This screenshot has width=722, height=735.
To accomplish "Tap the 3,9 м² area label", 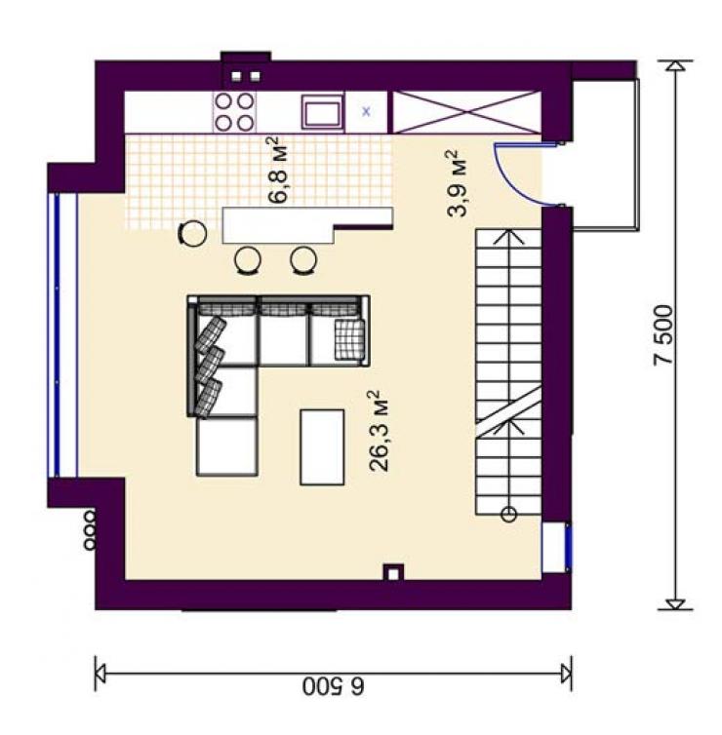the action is click(458, 183).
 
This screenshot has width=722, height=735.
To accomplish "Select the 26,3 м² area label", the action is click(380, 430).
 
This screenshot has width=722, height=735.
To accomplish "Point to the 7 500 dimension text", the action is click(663, 335).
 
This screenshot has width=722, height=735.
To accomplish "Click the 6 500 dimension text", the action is click(333, 686).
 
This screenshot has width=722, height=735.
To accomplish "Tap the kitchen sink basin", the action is click(322, 112).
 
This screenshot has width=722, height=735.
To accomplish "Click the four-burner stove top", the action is click(234, 112).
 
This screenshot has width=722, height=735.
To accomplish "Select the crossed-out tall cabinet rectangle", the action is click(466, 112).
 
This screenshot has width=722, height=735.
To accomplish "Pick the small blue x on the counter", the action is click(367, 111).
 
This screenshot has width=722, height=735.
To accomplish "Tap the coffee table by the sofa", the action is click(322, 447).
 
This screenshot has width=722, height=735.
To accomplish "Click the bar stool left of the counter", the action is click(192, 233).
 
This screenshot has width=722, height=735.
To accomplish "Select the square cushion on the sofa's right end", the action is click(349, 340).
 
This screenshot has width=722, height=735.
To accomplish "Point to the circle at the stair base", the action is click(509, 515).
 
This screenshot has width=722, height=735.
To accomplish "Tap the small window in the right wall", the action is click(557, 548).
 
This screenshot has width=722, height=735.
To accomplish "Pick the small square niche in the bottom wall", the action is click(393, 572).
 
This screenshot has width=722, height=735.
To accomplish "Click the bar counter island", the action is click(307, 225).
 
